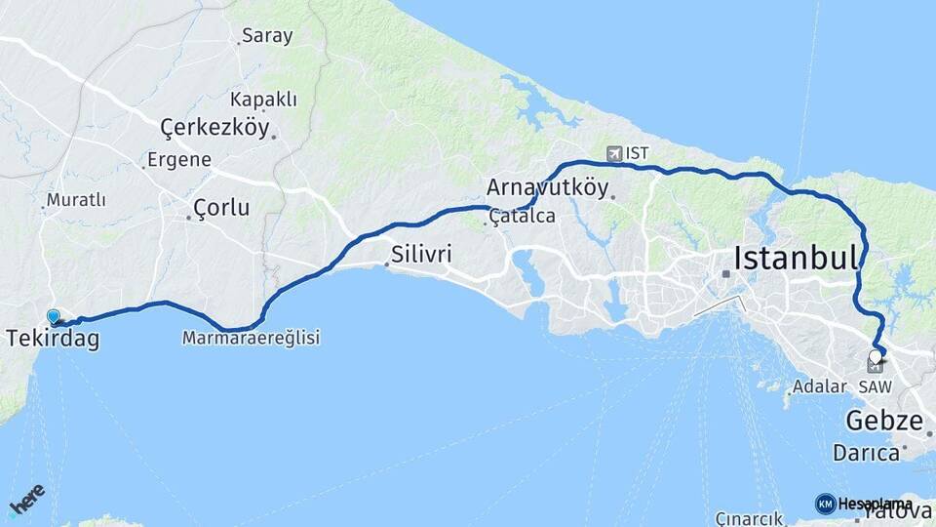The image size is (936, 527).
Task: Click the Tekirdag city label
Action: point(53,339)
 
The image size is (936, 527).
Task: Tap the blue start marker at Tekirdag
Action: point(53,316)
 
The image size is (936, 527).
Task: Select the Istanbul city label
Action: point(796,259)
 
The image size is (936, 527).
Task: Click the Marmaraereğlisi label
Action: point(251,338)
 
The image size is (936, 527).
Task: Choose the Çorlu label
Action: point(221,208)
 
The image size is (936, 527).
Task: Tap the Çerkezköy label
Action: point(214,127)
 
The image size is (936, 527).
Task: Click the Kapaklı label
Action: point(263,100)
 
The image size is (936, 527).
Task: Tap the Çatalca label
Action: point(523,216)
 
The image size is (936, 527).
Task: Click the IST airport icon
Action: point(614,153)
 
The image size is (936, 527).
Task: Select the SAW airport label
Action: point(875,387)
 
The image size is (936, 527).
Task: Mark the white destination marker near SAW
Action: point(875,356)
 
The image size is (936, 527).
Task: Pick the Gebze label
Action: point(883,422)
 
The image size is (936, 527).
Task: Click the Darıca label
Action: point(866,453)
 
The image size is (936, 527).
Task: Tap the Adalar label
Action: point(819,386)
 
